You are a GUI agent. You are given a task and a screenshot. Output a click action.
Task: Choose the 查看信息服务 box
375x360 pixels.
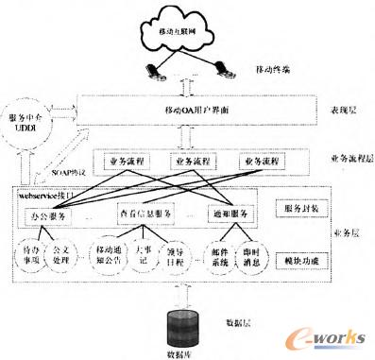(148, 214)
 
